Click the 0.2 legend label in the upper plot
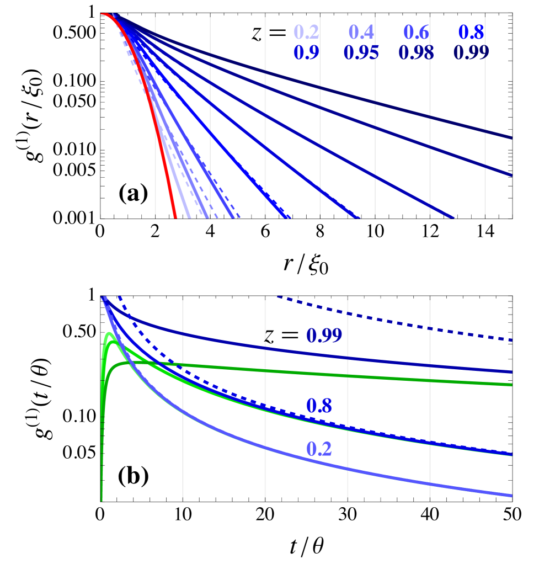pos(306,33)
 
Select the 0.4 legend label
pos(361,33)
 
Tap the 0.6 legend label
pos(416,33)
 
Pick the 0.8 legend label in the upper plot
pos(471,33)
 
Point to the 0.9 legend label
pos(306,53)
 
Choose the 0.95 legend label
pos(361,53)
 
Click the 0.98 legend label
pos(416,53)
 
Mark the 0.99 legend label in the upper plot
pos(471,53)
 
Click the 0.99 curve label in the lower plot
pos(324,336)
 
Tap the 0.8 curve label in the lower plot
pos(319,406)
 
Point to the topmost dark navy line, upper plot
pos(386,103)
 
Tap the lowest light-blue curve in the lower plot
pos(386,475)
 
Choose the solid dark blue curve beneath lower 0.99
pos(386,359)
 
